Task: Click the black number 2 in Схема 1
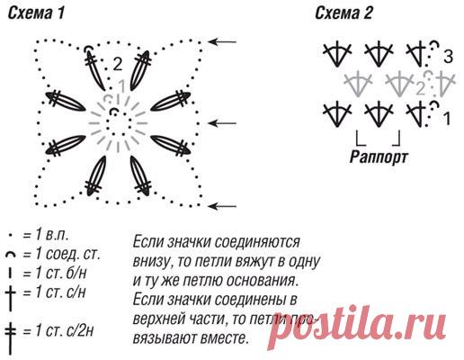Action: (x=118, y=63)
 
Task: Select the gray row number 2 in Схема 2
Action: (x=420, y=87)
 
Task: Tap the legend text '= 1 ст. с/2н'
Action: (x=60, y=329)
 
